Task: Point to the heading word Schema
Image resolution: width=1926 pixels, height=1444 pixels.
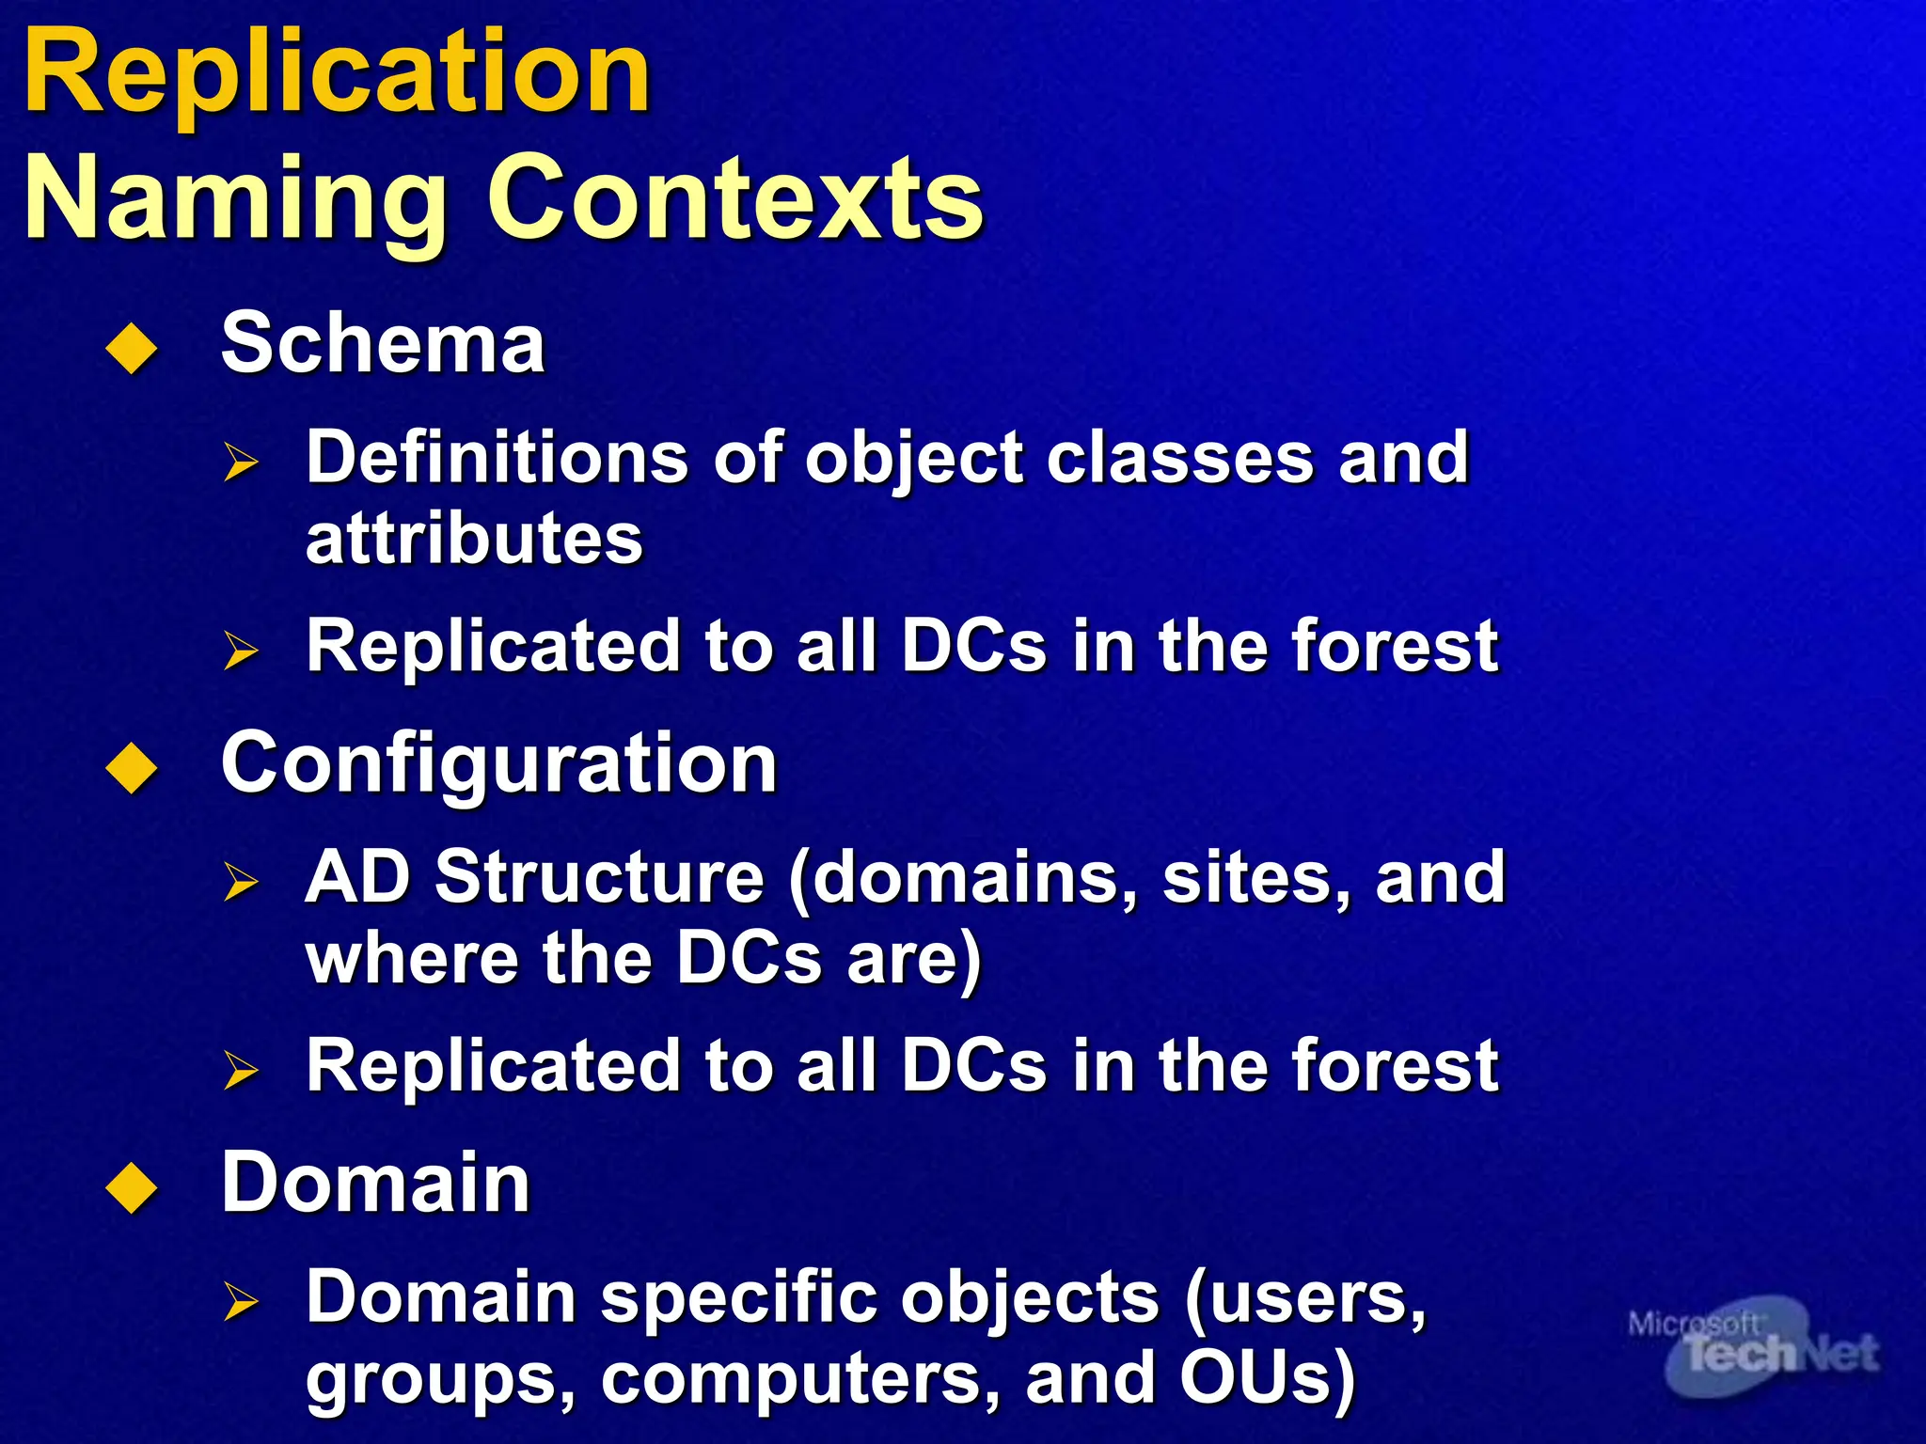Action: point(383,344)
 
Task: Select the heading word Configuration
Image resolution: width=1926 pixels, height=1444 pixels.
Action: point(498,764)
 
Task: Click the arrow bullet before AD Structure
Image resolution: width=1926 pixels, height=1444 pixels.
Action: point(241,882)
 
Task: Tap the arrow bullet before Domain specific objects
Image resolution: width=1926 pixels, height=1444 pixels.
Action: point(241,1301)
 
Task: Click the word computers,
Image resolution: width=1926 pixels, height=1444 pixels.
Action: point(800,1379)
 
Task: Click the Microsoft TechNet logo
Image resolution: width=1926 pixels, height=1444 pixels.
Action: point(1753,1346)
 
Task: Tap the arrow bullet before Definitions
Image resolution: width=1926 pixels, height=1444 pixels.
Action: point(241,463)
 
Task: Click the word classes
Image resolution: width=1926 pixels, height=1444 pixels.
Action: point(1179,458)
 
